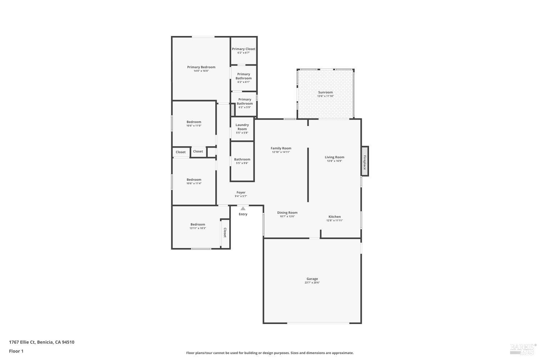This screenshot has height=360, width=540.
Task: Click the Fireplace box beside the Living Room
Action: tap(365, 161)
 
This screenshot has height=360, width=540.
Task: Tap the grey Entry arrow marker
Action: tap(243, 208)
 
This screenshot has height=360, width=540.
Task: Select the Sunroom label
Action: tap(325, 92)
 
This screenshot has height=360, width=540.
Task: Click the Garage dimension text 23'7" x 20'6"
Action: tap(312, 283)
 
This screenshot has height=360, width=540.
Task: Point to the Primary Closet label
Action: tap(243, 49)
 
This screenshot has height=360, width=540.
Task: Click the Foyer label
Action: tap(241, 192)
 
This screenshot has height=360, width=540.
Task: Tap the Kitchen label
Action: tap(334, 217)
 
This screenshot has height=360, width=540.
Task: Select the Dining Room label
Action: tap(287, 212)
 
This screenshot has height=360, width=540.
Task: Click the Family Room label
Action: tap(281, 148)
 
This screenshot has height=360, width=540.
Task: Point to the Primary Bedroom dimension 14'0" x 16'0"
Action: tap(201, 71)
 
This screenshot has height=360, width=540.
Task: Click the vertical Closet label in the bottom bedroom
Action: tap(225, 233)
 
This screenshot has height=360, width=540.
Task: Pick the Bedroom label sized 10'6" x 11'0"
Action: tap(194, 122)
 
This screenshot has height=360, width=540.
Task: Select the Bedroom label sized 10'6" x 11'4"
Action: tap(194, 180)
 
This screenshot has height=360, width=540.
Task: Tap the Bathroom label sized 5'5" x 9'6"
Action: tap(242, 159)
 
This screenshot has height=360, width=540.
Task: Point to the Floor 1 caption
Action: tap(16, 351)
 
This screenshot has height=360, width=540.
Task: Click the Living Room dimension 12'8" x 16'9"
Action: tap(334, 161)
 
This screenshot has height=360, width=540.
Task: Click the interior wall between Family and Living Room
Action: tap(308, 175)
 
